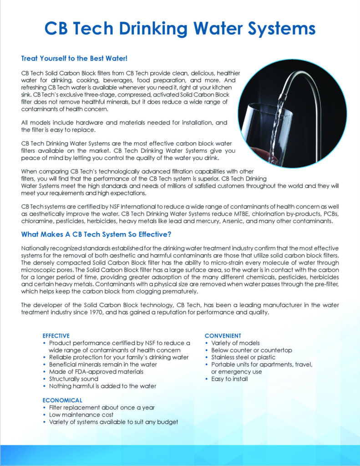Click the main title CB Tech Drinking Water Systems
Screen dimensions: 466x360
pyautogui.click(x=180, y=28)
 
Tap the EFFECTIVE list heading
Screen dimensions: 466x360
pyautogui.click(x=56, y=336)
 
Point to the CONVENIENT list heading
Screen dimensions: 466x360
pyautogui.click(x=223, y=336)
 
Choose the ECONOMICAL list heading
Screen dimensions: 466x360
pyautogui.click(x=62, y=400)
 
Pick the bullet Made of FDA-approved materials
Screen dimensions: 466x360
pyautogui.click(x=96, y=371)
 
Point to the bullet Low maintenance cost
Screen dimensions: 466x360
pyautogui.click(x=81, y=415)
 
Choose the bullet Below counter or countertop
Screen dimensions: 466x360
pyautogui.click(x=251, y=350)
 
